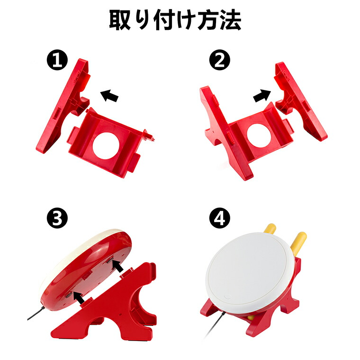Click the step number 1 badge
[x=57, y=60]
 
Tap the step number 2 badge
[x=220, y=60]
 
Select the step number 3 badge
[x=57, y=218]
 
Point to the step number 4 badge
[x=220, y=218]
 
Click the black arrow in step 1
[x=109, y=96]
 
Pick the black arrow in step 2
[x=262, y=96]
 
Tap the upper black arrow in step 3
[x=117, y=266]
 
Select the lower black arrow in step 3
[x=80, y=298]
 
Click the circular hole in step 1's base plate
[x=106, y=146]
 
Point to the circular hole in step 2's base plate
[x=259, y=136]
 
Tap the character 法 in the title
[x=231, y=20]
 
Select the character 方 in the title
[x=208, y=20]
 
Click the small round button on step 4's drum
[x=227, y=297]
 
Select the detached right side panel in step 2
[x=301, y=101]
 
